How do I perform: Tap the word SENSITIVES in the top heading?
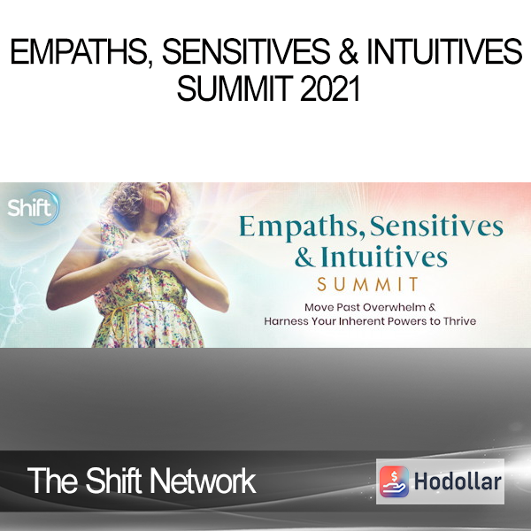246,51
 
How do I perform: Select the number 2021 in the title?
329,88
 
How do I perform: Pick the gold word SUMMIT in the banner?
368,284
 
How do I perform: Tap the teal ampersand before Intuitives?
304,257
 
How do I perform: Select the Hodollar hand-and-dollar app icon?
394,481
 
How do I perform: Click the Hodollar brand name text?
458,481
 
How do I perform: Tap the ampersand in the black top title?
349,51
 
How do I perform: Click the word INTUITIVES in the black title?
444,51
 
